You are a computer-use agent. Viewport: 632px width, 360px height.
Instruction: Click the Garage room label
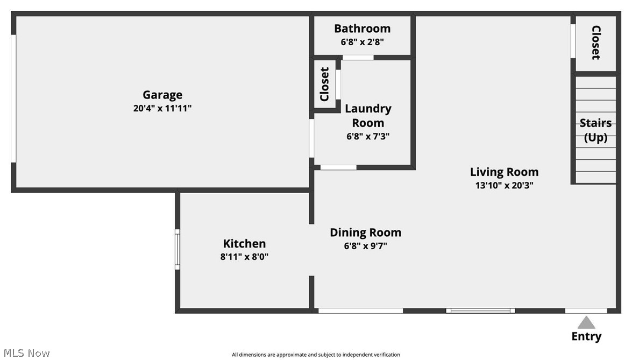[x=162, y=95]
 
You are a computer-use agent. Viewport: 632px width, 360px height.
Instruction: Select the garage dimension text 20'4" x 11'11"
[x=162, y=108]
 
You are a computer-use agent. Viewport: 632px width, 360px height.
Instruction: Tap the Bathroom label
[x=362, y=29]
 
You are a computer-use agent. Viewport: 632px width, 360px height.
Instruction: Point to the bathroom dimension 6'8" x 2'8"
[x=362, y=41]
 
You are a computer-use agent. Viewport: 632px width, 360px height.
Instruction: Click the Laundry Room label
[x=368, y=115]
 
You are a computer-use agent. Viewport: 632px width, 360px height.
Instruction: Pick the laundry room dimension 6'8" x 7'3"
[x=368, y=136]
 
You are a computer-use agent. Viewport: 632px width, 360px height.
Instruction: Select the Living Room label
[x=504, y=172]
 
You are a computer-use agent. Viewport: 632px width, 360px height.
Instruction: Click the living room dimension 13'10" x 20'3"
[x=504, y=185]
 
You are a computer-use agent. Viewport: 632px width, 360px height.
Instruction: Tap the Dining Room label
[x=365, y=232]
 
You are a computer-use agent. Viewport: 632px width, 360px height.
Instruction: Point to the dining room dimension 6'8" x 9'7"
[x=365, y=246]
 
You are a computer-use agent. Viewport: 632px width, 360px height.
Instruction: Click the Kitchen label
[x=244, y=244]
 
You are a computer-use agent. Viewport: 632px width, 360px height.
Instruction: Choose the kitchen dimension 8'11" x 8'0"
[x=244, y=257]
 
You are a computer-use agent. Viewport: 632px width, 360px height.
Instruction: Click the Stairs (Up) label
[x=595, y=130]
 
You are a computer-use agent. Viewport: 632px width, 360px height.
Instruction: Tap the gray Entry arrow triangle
[x=586, y=323]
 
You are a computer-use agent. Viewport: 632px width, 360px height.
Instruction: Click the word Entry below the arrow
[x=586, y=337]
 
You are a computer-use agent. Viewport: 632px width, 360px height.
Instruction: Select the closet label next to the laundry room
[x=324, y=84]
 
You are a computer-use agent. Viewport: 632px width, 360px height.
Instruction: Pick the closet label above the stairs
[x=596, y=43]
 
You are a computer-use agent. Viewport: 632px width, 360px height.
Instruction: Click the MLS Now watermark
[x=25, y=353]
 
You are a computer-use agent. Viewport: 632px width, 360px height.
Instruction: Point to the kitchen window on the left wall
[x=177, y=250]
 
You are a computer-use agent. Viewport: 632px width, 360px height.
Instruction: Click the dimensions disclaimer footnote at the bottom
[x=316, y=355]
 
